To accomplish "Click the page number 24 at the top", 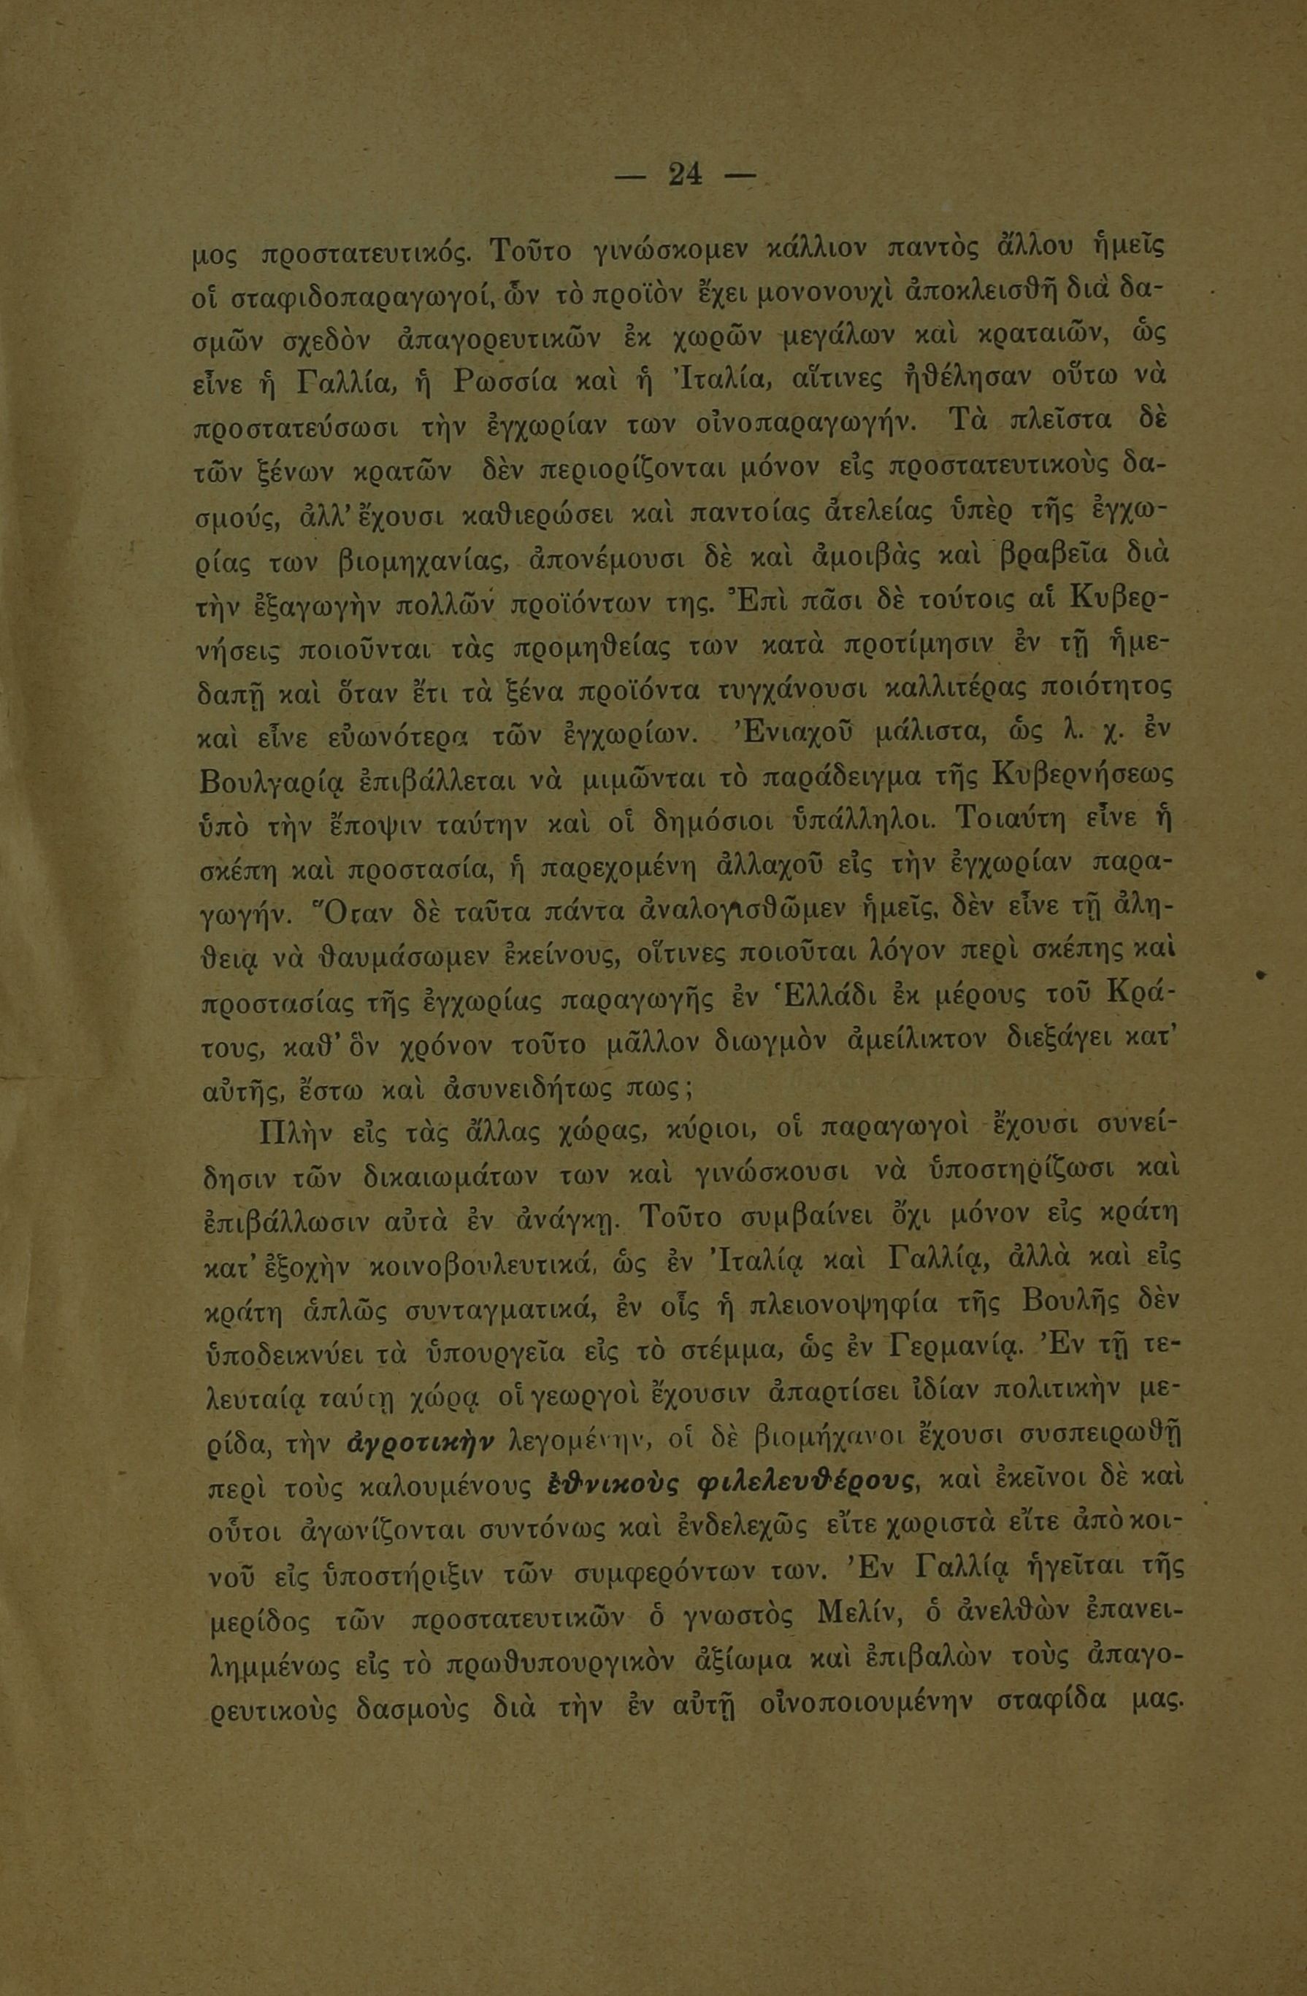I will [x=686, y=174].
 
